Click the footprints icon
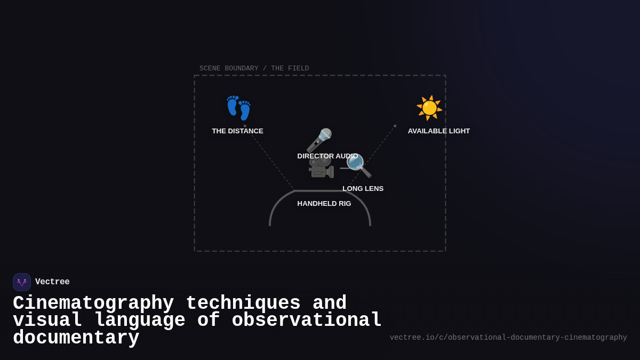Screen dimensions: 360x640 (x=238, y=108)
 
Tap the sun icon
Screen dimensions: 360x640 (x=429, y=108)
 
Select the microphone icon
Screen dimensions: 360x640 (x=319, y=140)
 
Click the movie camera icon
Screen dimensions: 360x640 (x=321, y=167)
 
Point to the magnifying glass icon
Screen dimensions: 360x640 (x=358, y=165)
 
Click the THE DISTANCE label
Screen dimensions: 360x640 (x=237, y=131)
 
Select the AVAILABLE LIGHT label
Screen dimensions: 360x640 (x=439, y=131)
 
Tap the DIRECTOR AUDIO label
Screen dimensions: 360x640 (x=327, y=156)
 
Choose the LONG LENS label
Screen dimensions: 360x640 (x=363, y=189)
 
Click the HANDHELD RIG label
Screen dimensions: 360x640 (x=324, y=204)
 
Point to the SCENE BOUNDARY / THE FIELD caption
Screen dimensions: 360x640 (x=254, y=68)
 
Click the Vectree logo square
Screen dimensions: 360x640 (x=22, y=282)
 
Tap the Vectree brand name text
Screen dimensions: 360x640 (x=52, y=282)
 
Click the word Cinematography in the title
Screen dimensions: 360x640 (x=93, y=303)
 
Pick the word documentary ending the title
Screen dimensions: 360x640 (x=76, y=338)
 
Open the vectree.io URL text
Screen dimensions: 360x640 (x=508, y=338)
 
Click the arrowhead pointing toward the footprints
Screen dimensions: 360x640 (x=245, y=126)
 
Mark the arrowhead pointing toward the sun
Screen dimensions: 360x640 (x=395, y=126)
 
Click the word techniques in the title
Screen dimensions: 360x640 (x=243, y=303)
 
